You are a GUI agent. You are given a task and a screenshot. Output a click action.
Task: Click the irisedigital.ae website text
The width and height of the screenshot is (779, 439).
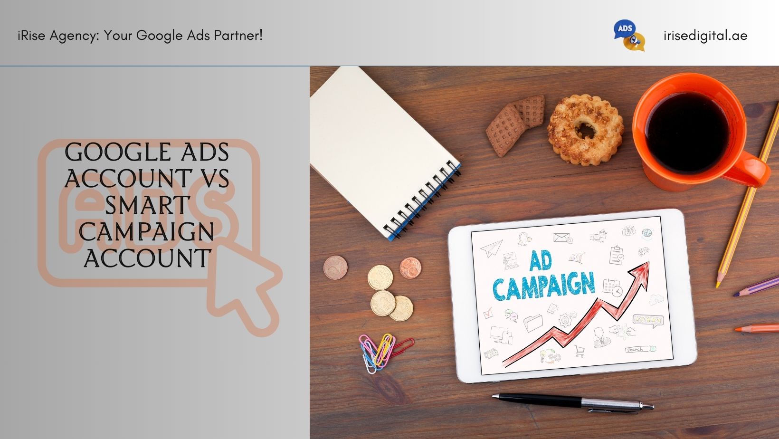[705, 36]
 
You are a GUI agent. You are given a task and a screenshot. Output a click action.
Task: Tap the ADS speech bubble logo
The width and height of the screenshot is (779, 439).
[629, 35]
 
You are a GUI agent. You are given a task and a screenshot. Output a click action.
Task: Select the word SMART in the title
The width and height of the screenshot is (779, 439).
[147, 205]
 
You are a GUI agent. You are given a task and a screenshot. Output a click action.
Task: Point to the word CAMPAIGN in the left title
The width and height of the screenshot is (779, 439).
[146, 232]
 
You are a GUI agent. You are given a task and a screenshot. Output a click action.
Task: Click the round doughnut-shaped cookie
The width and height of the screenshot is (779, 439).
[586, 130]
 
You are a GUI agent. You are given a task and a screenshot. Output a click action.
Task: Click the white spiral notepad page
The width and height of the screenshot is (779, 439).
[379, 146]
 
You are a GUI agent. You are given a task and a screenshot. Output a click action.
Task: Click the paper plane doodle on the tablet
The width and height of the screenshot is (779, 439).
[492, 248]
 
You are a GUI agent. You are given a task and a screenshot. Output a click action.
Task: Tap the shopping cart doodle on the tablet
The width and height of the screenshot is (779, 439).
[579, 351]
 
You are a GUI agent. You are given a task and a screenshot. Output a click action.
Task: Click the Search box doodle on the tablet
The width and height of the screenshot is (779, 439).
[640, 349]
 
